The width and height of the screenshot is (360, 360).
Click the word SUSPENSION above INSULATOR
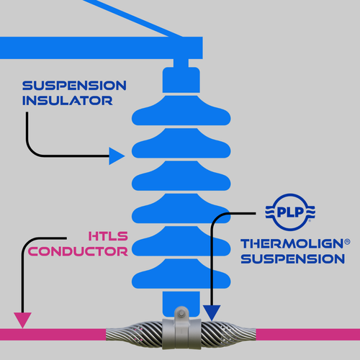pos(74,86)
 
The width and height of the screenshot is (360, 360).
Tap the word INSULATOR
pos(68,101)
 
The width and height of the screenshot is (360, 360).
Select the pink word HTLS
pos(108,236)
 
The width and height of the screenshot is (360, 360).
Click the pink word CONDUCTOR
pos(78,251)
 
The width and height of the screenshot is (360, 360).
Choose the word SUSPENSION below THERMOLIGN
pos(293,259)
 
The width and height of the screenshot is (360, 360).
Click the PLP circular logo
pos(290,212)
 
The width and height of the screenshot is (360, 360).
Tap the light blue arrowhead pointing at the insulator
pos(117,156)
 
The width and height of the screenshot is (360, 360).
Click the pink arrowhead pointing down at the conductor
pos(22,320)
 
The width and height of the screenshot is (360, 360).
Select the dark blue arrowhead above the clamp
pos(212,312)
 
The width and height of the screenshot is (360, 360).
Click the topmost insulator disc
pos(181,110)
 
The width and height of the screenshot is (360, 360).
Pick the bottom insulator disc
pos(181,274)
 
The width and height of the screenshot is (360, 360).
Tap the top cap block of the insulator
pos(181,80)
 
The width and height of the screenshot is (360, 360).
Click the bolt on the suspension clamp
pos(181,313)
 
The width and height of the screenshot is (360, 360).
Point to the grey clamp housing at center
pos(181,333)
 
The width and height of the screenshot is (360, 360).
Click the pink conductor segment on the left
pos(53,334)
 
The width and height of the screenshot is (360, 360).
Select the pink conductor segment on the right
pos(308,334)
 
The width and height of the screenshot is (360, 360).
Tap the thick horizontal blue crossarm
pos(102,48)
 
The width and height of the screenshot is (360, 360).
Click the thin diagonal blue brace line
pos(132,19)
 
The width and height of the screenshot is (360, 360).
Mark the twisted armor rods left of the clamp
pos(135,335)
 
